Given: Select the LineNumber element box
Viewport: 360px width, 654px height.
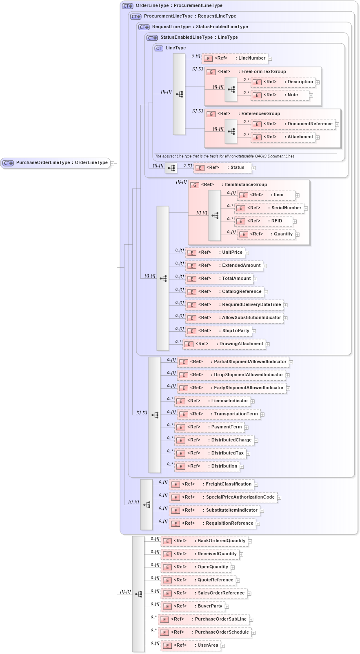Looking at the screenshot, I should coord(235,58).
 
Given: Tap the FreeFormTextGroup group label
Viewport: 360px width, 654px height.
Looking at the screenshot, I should coord(263,72).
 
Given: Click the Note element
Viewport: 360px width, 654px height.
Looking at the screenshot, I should coord(282,95).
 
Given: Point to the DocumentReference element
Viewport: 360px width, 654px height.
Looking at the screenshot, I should coord(293,124).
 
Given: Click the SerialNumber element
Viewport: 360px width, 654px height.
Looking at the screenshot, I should coord(269,208).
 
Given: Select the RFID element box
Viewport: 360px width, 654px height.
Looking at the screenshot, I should coord(264,221).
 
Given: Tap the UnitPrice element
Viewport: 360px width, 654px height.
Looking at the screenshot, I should coord(216,253).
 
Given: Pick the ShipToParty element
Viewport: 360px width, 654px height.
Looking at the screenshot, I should coord(219,331).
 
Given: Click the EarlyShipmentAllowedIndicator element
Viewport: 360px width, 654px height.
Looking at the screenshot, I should coord(232,388).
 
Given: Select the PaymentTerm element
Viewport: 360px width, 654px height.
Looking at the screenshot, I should coord(209,427).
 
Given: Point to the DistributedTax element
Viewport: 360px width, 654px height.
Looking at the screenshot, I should coord(210,453).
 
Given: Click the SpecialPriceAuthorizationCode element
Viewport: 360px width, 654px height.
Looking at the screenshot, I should coord(224,497).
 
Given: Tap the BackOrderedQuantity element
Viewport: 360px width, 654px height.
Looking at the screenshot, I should coord(204,541).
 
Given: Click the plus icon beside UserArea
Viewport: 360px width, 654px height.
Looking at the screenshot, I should coord(223,646).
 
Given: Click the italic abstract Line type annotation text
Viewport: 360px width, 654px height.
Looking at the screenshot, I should coord(224,156).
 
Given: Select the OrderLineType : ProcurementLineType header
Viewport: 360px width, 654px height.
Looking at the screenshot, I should coord(179,6).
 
